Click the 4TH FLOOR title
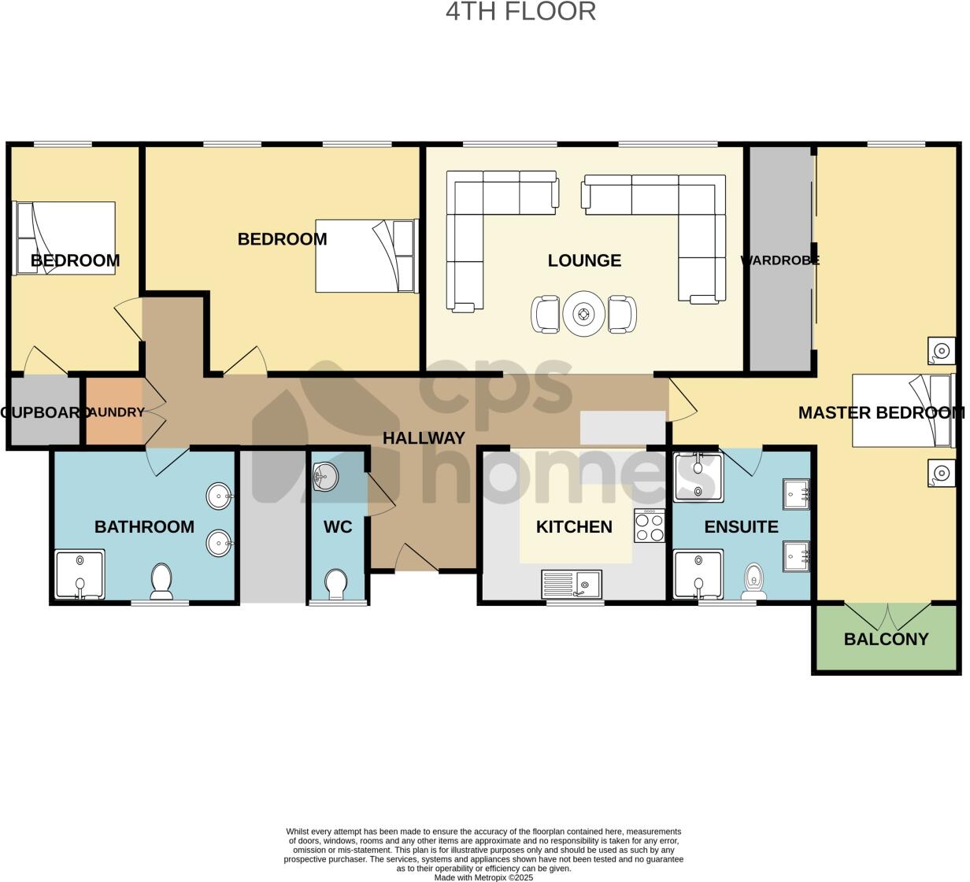[x=520, y=12]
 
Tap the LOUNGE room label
[x=584, y=260]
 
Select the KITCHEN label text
[x=574, y=527]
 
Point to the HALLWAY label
[x=424, y=438]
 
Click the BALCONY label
[x=886, y=639]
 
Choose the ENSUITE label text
[x=741, y=527]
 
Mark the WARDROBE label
[x=779, y=260]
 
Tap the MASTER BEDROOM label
[x=881, y=412]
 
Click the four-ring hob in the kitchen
[x=650, y=526]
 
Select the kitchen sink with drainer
[x=571, y=584]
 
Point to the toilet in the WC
[x=337, y=585]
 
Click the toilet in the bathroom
[x=161, y=581]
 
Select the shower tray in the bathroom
[x=79, y=574]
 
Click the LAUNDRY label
[x=115, y=412]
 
